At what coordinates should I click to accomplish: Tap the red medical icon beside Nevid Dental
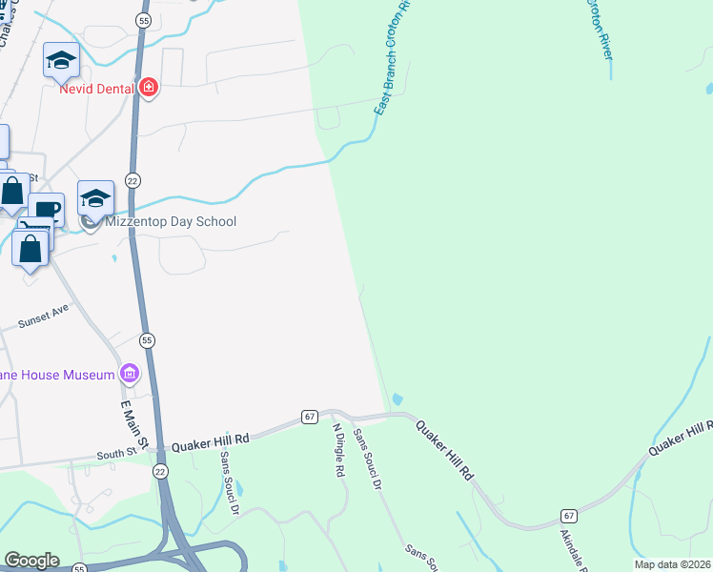tap(147, 89)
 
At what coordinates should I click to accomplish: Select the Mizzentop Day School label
tap(171, 221)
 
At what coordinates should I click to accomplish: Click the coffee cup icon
tap(45, 209)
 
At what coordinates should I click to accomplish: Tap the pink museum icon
tap(130, 372)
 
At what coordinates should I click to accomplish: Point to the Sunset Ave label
tap(43, 317)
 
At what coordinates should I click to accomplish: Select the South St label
tap(117, 454)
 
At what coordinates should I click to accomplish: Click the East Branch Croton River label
tap(392, 57)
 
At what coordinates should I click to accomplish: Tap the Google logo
tap(31, 561)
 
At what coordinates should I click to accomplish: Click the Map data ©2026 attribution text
tap(672, 564)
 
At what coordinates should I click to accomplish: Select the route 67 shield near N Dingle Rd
tap(309, 417)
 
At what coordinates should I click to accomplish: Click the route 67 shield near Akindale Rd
tap(568, 515)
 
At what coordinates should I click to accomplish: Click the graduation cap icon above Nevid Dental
tap(61, 59)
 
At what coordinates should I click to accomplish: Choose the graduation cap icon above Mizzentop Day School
tap(95, 197)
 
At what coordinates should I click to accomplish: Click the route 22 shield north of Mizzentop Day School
tap(132, 179)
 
